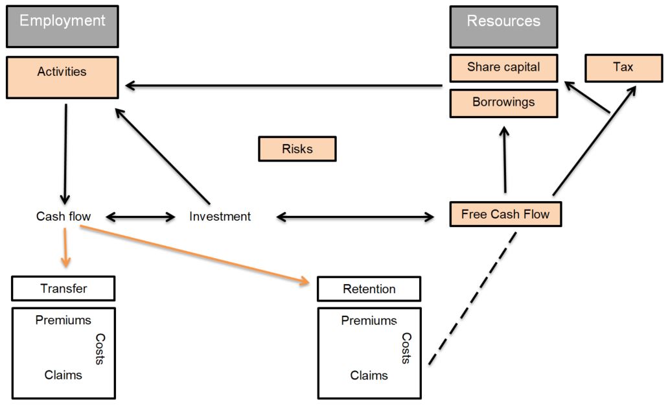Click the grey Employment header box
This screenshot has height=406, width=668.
click(62, 27)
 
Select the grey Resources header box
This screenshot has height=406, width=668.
click(503, 27)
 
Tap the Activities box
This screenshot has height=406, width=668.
click(62, 77)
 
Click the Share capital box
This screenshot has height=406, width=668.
click(503, 67)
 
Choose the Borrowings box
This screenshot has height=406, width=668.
click(503, 102)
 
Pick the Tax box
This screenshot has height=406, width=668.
click(623, 67)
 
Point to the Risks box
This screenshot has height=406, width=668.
click(297, 149)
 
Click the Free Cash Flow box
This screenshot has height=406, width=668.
click(505, 214)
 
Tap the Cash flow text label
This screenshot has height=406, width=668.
click(63, 217)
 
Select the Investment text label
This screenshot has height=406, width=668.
click(220, 217)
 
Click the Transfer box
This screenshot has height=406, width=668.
click(63, 289)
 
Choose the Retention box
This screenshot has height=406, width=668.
click(369, 289)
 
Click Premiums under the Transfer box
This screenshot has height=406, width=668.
click(63, 320)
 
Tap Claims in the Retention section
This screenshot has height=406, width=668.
click(369, 376)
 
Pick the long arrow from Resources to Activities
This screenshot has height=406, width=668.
click(285, 86)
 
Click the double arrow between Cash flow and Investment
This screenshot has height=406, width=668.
click(140, 217)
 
